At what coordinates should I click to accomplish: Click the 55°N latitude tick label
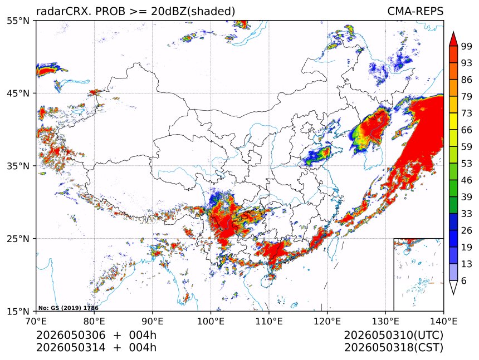point(18,21)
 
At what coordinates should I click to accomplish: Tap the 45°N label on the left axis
point(18,93)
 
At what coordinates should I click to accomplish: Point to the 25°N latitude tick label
point(18,239)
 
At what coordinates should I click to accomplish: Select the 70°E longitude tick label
point(36,321)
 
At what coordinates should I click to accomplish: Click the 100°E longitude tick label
point(211,321)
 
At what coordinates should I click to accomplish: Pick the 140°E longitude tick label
point(443,321)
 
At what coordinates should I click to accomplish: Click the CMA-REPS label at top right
point(415,11)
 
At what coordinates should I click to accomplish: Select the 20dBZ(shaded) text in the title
point(193,12)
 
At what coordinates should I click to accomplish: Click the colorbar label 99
point(467,46)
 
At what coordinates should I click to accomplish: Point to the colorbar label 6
point(464,280)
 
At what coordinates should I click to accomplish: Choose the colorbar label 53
point(467,164)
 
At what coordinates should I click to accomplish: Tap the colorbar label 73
point(467,113)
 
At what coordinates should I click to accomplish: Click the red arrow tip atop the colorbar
point(453,32)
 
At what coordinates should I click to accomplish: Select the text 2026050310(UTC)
point(393,336)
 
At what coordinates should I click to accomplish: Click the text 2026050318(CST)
point(393,348)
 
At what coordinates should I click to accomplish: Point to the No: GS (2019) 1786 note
point(69,308)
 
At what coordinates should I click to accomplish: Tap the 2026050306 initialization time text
point(71,336)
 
